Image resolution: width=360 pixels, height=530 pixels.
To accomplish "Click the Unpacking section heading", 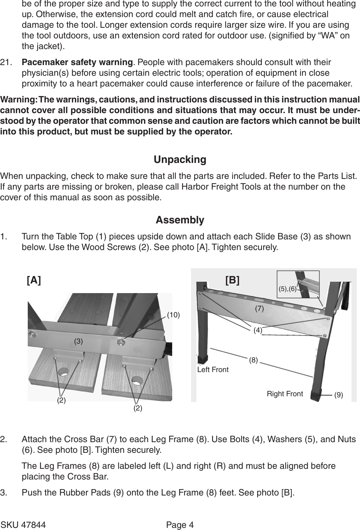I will coord(180,159).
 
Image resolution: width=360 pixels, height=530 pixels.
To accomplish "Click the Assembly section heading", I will coord(180,220).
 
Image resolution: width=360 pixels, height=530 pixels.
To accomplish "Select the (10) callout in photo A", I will coord(174,315).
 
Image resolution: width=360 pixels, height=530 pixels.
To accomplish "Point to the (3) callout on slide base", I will coord(78,341).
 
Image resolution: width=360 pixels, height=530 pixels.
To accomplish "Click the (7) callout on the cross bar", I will coord(259,309).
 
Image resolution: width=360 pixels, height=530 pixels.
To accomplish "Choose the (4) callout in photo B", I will coord(258,330).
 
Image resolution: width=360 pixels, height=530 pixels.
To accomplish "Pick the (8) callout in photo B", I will coord(253,360).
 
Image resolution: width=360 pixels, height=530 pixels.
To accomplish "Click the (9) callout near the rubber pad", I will coord(338,395).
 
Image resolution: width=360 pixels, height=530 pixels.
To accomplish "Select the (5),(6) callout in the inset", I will coord(287,289).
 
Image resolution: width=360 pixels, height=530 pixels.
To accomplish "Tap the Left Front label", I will coord(213,370).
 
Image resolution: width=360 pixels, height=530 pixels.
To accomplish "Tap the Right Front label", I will coord(285,394).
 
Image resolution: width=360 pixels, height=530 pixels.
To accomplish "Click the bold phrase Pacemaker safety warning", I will coord(77,63).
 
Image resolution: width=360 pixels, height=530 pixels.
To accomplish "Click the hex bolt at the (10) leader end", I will coord(121,342).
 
